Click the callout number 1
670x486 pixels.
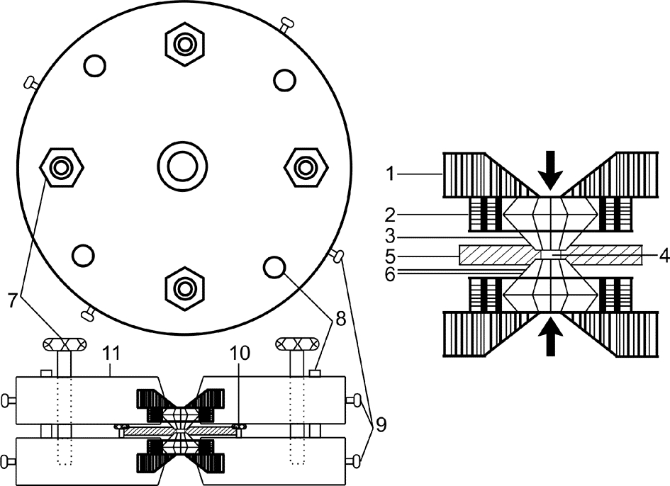tap(389, 174)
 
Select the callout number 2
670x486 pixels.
tap(390, 215)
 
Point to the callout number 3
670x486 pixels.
tap(390, 236)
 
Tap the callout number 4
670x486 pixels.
tap(663, 256)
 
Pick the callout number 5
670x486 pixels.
tap(390, 256)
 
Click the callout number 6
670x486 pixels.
tap(390, 274)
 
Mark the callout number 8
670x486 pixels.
tap(340, 317)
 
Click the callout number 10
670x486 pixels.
tap(240, 354)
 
